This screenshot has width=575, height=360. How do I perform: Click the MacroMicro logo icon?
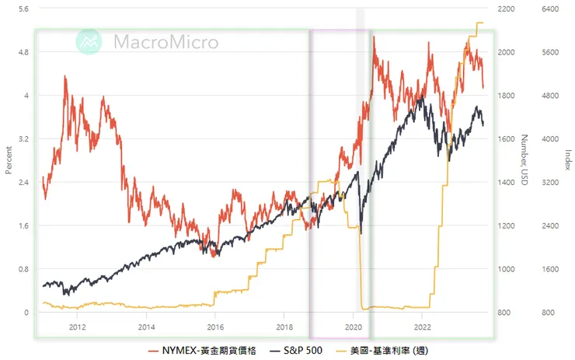(x=89, y=41)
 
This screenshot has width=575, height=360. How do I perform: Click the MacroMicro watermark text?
(x=166, y=41)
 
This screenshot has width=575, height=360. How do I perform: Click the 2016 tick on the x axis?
(x=215, y=327)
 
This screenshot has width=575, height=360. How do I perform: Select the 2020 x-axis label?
(x=354, y=327)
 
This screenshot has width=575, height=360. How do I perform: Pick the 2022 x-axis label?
(x=423, y=327)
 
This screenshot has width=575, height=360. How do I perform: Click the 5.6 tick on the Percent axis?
(x=22, y=9)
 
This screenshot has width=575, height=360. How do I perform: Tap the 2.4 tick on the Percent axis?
(x=22, y=182)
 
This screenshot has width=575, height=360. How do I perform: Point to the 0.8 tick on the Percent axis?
(x=22, y=269)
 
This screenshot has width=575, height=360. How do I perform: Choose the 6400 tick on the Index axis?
(x=551, y=9)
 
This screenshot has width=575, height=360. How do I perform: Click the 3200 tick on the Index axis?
(x=551, y=182)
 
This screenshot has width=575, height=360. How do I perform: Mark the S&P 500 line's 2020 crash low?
(x=361, y=232)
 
